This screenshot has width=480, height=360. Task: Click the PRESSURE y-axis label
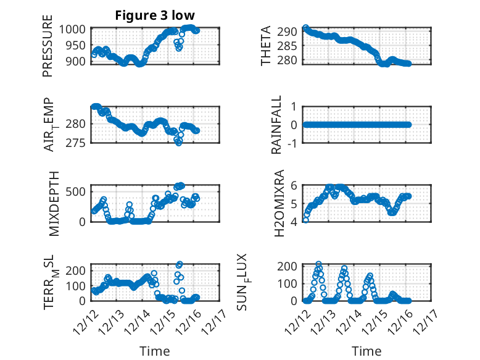click(x=48, y=51)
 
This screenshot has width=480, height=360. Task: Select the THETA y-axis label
click(x=266, y=46)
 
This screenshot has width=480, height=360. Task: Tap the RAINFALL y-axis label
click(x=276, y=125)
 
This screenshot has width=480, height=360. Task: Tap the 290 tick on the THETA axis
click(x=291, y=31)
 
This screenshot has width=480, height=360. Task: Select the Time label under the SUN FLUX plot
click(x=367, y=351)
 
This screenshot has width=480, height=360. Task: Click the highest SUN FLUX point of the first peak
click(x=318, y=264)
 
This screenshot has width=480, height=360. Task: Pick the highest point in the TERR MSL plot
click(x=180, y=264)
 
